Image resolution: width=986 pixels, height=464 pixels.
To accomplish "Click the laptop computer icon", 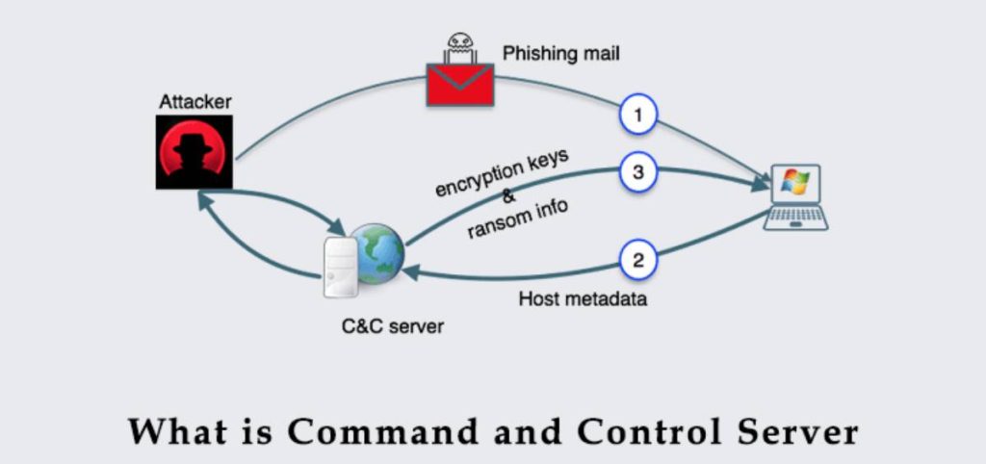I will click(796, 197).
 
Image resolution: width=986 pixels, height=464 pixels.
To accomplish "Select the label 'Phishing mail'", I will click(560, 54).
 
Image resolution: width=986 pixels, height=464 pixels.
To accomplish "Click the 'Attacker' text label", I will click(196, 101).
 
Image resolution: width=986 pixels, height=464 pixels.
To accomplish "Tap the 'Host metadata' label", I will click(583, 299).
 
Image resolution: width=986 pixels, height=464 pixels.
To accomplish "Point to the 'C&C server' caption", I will click(392, 326).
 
